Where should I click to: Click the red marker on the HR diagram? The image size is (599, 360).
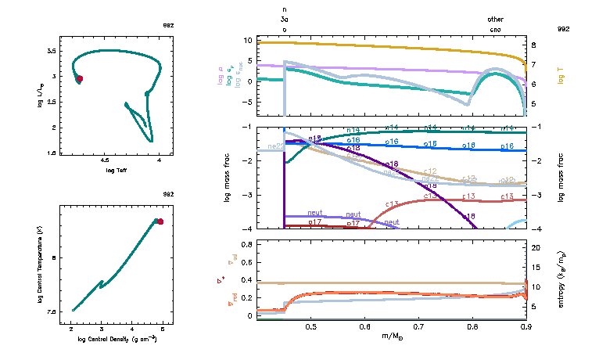click(80, 79)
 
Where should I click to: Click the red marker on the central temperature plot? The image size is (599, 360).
click(160, 221)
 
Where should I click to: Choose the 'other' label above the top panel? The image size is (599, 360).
click(496, 20)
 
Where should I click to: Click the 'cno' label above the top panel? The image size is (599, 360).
click(496, 30)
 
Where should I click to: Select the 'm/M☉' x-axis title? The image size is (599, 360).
click(391, 337)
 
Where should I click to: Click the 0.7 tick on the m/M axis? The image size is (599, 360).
click(418, 327)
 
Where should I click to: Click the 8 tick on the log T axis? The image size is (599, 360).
click(533, 45)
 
